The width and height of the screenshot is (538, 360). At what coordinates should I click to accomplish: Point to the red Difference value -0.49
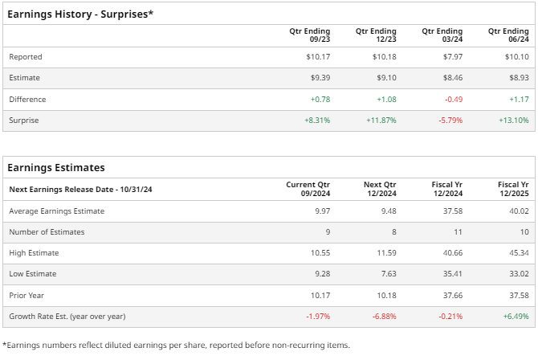[x=452, y=99]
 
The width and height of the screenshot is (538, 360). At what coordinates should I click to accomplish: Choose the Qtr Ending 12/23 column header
[x=376, y=35]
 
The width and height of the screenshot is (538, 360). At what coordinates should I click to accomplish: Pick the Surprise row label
[x=24, y=120]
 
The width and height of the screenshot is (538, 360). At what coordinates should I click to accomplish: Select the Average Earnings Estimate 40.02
[x=517, y=211]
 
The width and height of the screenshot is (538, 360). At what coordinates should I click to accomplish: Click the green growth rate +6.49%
[x=515, y=316]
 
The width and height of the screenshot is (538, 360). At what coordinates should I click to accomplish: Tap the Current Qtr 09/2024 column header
[x=308, y=190]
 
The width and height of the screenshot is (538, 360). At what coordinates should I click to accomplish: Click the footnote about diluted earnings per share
[x=177, y=345]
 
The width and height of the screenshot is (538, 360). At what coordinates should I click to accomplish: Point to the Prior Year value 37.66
[x=452, y=295]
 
